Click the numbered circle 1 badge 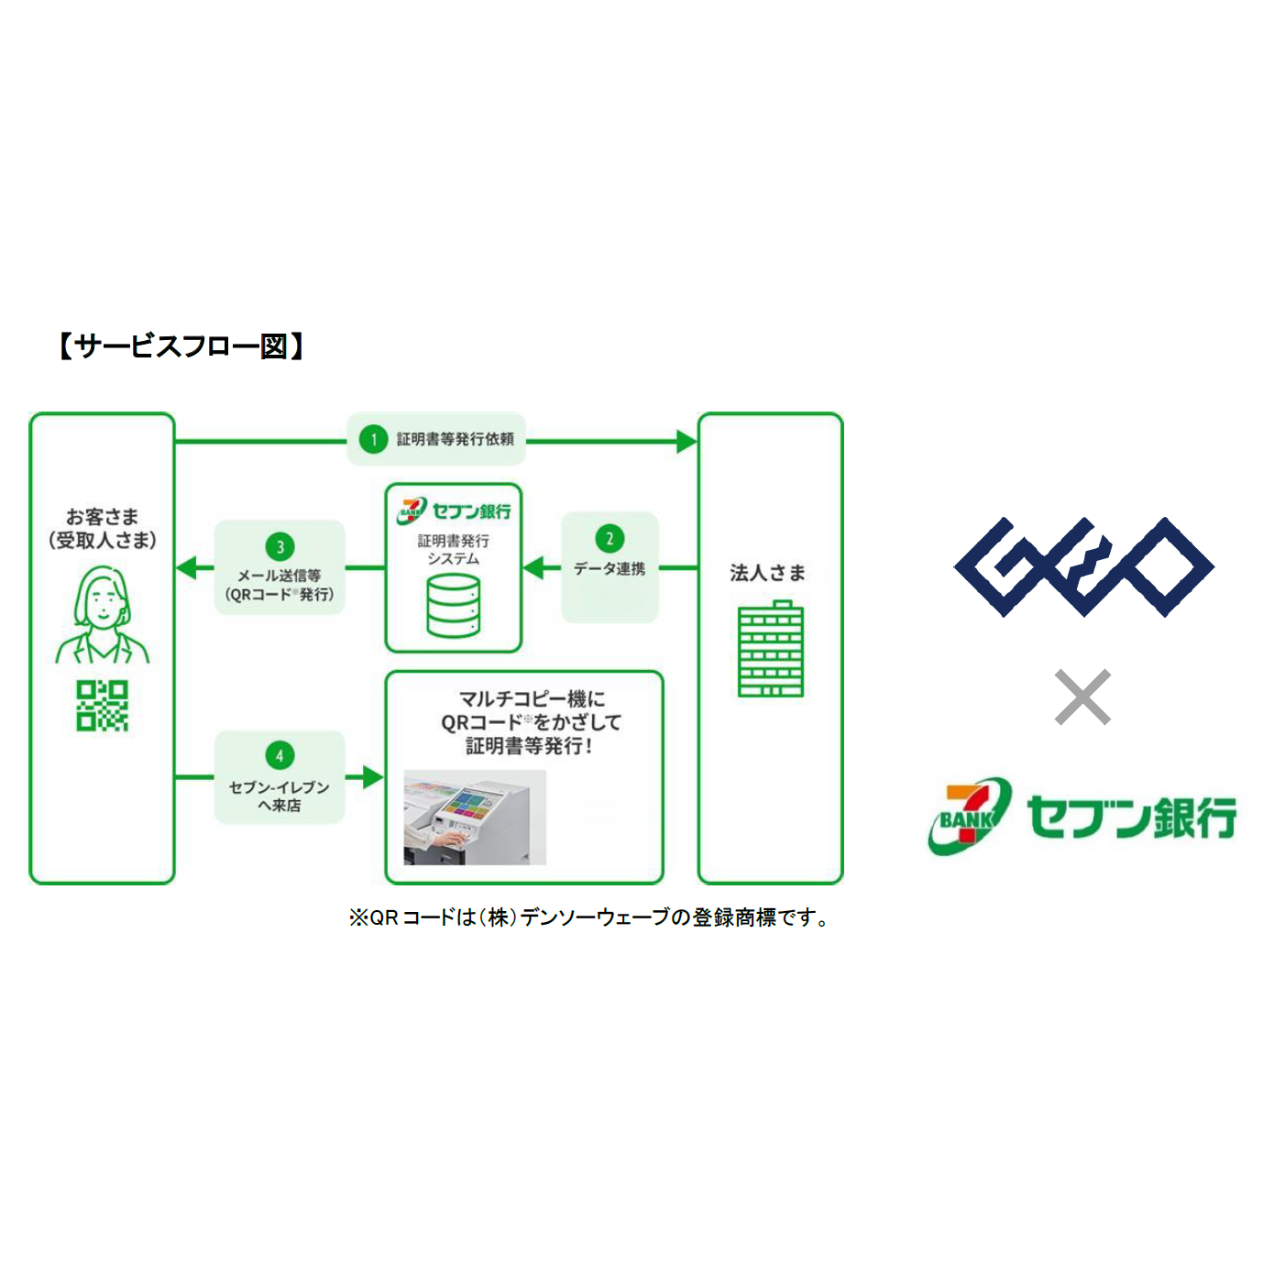[373, 440]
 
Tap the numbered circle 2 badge [610, 539]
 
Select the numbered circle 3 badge [280, 546]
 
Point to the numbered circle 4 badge [280, 755]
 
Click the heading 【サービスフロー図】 [181, 346]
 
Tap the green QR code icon [102, 706]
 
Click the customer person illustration [102, 614]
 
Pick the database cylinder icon [454, 606]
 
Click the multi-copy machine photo [475, 818]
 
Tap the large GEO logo [1083, 567]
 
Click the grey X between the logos [1082, 697]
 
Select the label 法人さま [768, 573]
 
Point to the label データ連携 [610, 569]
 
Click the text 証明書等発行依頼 [455, 440]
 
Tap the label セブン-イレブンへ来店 [279, 796]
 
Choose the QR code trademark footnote [590, 917]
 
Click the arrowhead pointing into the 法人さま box [686, 442]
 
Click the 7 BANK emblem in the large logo [970, 816]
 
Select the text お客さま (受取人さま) [102, 529]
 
